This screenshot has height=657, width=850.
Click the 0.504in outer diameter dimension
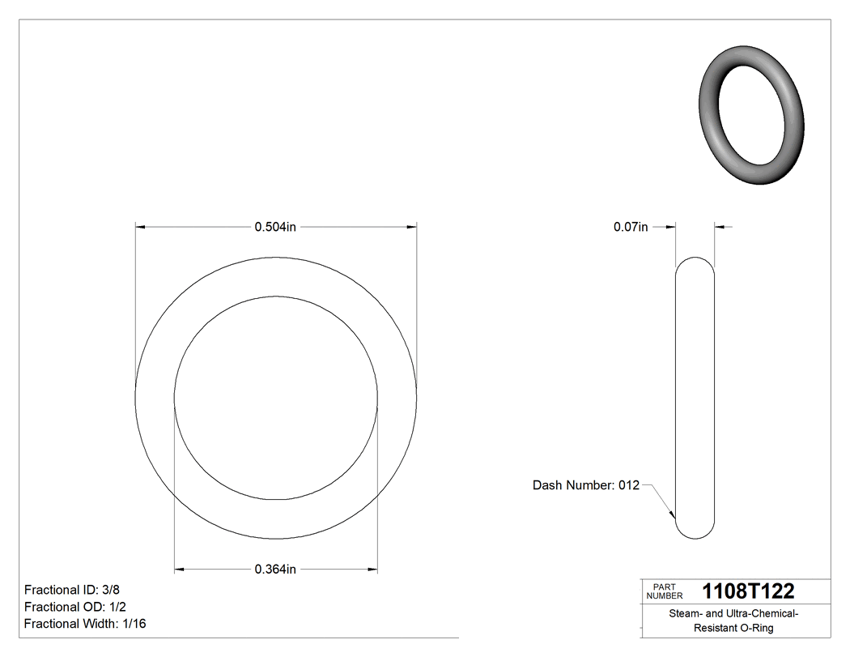tap(275, 227)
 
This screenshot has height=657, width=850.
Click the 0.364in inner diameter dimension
tap(275, 570)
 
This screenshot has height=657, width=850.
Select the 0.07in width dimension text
tap(631, 227)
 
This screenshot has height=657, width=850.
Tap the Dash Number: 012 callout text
tap(585, 485)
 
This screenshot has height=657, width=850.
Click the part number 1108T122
tap(748, 591)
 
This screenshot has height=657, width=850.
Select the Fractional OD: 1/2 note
tap(74, 607)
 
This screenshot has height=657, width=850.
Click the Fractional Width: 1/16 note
tap(85, 624)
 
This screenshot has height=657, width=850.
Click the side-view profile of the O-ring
tap(695, 397)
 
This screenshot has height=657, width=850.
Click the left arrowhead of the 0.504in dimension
tap(140, 228)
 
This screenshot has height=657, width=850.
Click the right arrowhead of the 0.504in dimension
tap(412, 228)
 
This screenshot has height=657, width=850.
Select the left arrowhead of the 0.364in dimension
tap(180, 570)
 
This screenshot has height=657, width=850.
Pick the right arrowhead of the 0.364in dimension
tap(372, 570)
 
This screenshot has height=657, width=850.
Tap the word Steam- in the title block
tap(686, 614)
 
